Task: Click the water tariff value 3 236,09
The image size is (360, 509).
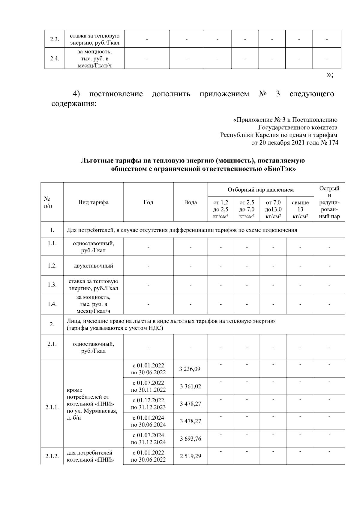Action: pos(190,369)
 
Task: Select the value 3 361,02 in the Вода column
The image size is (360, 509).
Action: pos(190,386)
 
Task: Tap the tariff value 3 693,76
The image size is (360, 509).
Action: pos(190,439)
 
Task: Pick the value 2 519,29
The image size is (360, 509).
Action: pos(190,456)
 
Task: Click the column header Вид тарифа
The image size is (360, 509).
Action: pos(93,202)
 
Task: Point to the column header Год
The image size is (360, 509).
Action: pos(148,202)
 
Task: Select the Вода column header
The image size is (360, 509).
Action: pos(190,202)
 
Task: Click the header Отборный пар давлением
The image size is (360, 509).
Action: pos(260,190)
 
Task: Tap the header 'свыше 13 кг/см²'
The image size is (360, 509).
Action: pos(300,209)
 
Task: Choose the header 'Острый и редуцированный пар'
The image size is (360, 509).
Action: pos(329,202)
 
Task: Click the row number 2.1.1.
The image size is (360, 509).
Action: pos(52,407)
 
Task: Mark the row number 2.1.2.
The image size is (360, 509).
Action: pos(52,456)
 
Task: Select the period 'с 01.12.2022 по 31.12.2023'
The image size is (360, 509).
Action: pos(148,404)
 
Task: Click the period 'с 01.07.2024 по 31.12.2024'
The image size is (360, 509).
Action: pos(148,439)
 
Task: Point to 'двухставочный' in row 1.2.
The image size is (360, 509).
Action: pos(93,266)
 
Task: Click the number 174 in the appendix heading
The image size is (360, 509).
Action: pos(333,143)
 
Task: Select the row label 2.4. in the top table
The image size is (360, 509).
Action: pos(54,59)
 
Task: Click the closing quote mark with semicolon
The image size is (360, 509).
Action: pos(329,75)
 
